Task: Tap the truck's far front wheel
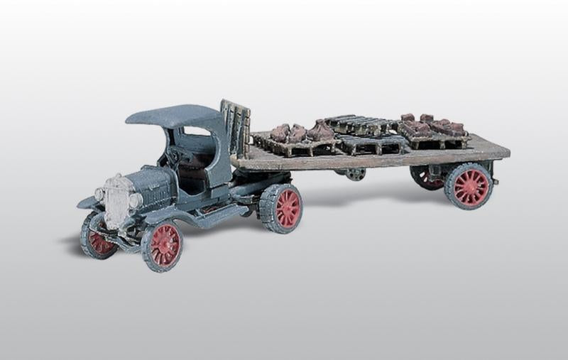pyautogui.click(x=98, y=236)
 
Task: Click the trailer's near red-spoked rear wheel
pyautogui.click(x=469, y=186)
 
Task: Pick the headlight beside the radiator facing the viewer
pyautogui.click(x=135, y=201)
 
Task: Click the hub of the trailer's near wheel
pyautogui.click(x=469, y=186)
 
